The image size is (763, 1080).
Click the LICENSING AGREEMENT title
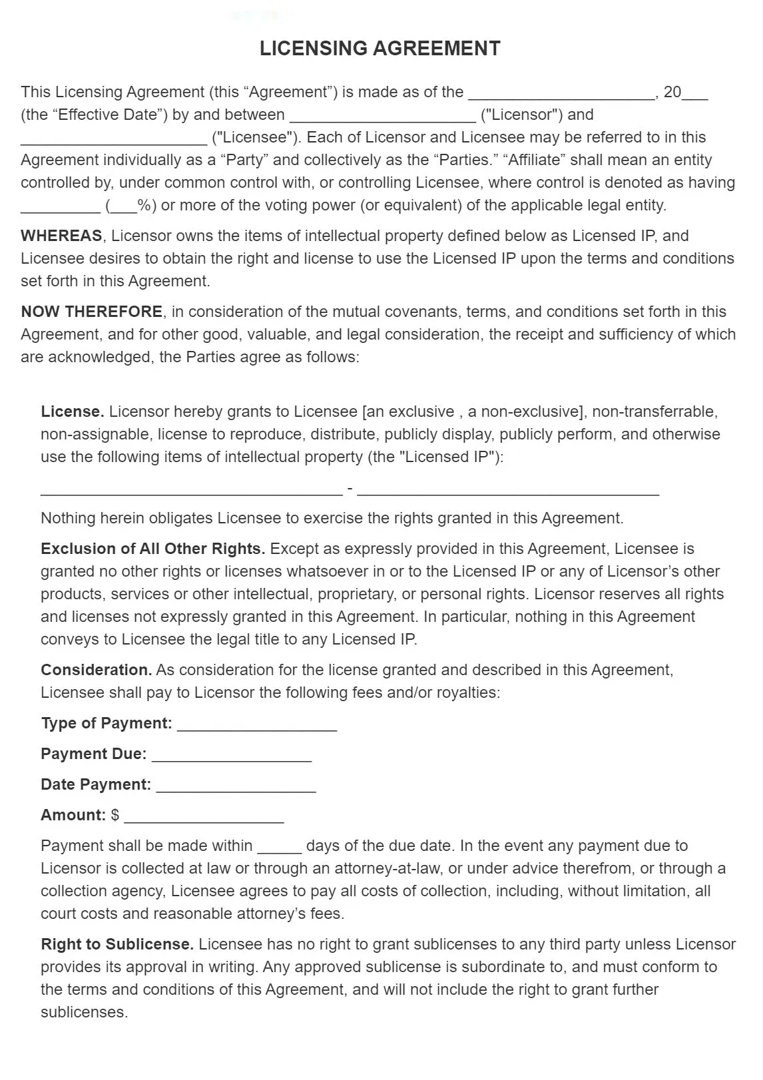380,49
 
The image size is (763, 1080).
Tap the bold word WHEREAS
61,236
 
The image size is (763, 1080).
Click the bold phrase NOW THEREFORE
91,312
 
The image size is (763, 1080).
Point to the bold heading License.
72,411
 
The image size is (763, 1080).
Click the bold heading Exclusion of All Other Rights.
152,549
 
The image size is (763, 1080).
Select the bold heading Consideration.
96,670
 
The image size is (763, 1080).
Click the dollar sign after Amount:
115,815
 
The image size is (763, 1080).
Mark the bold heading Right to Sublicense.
117,944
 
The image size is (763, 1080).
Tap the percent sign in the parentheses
143,205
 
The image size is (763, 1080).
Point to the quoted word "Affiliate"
537,160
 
